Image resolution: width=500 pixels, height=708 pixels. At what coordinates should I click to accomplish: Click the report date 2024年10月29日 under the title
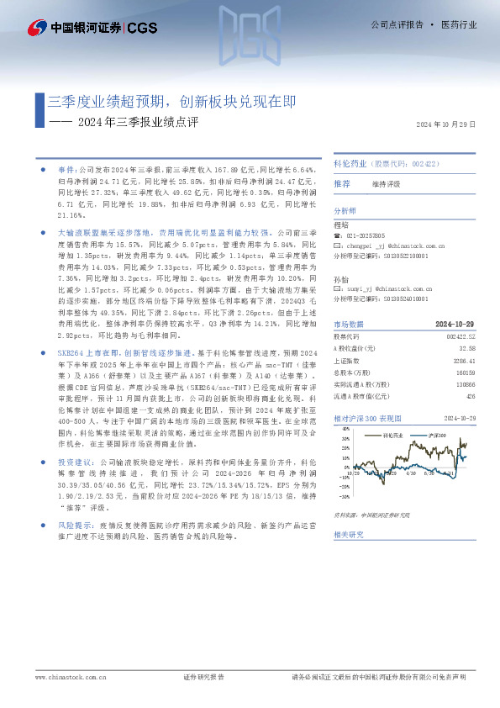coord(446,124)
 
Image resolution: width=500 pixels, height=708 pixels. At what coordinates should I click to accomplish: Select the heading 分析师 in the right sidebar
coord(345,210)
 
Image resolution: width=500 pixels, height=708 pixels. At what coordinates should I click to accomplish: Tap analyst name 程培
coord(340,225)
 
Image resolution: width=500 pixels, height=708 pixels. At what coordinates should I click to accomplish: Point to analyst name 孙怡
coord(340,277)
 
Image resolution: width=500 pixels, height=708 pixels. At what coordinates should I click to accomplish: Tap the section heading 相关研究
coord(347,533)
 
